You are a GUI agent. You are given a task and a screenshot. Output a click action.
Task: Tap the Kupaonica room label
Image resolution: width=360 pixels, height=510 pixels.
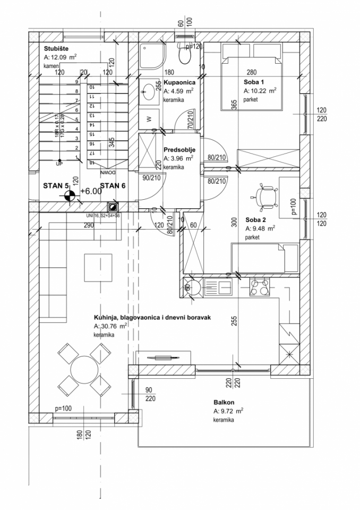179,82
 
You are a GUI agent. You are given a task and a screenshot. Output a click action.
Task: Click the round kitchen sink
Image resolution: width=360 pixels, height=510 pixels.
192,287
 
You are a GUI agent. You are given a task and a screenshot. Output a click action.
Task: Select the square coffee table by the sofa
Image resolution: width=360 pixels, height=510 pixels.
98,268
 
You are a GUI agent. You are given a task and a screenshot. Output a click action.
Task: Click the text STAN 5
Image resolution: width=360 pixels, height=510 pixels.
56,186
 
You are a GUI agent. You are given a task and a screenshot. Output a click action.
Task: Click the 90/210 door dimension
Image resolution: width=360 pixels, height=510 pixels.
151,177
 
